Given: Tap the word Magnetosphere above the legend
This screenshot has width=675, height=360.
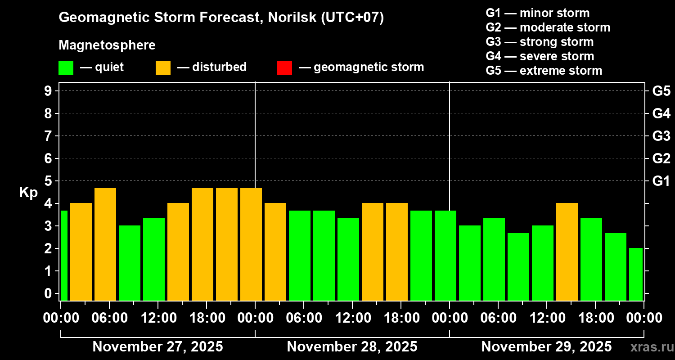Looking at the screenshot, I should [x=107, y=45].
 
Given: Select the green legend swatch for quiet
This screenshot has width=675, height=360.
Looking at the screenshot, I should [x=66, y=68].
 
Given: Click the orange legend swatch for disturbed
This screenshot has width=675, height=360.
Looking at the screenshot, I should [x=163, y=68].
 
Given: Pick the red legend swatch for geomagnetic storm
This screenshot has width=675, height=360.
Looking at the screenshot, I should [x=284, y=68].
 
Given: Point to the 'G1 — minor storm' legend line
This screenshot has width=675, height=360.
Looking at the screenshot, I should [x=537, y=13].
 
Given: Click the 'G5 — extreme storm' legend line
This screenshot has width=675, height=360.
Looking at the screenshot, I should [x=544, y=71].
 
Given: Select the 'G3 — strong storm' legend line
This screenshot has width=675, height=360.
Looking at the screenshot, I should [x=540, y=42].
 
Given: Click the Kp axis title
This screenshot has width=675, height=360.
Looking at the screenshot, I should [x=28, y=192].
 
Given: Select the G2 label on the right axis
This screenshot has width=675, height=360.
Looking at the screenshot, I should [x=661, y=158].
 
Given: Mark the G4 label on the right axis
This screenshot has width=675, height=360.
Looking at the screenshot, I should [x=661, y=113].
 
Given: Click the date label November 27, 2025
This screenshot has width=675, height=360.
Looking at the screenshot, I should [x=157, y=347].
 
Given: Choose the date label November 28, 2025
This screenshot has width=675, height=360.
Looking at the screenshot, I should [x=352, y=347].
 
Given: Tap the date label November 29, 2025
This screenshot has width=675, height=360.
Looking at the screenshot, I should [x=546, y=347].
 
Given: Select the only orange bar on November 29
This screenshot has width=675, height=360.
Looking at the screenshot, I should [x=567, y=252].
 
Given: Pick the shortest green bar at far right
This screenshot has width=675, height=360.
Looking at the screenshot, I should [x=636, y=274].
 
